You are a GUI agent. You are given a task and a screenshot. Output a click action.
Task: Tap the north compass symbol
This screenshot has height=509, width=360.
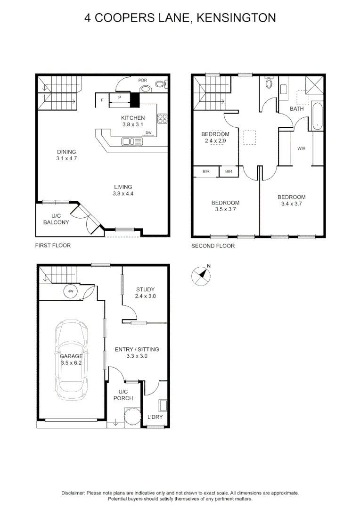[201, 276]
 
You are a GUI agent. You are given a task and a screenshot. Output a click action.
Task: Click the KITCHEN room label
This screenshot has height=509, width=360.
[133, 118]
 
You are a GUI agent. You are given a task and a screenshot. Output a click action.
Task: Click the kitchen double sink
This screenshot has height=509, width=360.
[132, 140]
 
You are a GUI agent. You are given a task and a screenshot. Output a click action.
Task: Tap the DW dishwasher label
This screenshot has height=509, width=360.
[148, 133]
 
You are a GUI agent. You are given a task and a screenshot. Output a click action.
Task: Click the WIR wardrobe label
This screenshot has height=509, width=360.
[302, 148]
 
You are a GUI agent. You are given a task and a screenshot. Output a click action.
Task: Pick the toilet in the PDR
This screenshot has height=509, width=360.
[161, 85]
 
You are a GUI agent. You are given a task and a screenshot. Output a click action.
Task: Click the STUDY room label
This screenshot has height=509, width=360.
[145, 289]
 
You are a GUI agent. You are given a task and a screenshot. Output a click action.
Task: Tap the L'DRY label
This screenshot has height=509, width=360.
[155, 417]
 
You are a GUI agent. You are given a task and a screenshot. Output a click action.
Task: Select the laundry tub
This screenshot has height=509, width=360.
[163, 406]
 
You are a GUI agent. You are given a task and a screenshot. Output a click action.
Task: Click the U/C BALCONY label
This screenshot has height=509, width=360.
[57, 219]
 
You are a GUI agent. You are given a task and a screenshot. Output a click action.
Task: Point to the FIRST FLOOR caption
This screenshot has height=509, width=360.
[53, 246]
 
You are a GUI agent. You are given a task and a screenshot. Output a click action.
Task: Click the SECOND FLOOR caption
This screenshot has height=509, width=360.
[213, 246]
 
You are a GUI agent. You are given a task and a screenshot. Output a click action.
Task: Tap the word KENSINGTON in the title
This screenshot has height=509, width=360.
[236, 18]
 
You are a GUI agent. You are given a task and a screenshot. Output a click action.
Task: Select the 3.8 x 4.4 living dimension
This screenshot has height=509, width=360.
[123, 194]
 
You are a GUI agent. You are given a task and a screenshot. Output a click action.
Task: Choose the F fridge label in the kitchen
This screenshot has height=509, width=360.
[102, 100]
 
